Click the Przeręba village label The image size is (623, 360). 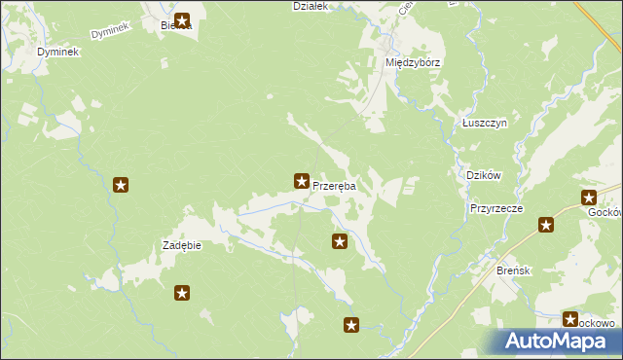334,186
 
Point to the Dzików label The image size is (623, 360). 484,175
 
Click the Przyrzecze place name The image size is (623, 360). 496,208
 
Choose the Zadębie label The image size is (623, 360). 181,245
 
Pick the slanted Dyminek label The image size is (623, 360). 110,33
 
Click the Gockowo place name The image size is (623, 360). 596,323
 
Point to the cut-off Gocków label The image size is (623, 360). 605,210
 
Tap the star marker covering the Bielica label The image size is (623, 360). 181,20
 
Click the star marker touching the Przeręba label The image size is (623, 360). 302,180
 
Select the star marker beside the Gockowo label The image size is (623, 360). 570,318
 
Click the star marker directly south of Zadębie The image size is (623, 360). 181,292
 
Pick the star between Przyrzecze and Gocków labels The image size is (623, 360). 546,226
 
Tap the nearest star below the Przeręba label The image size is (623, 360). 340,240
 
